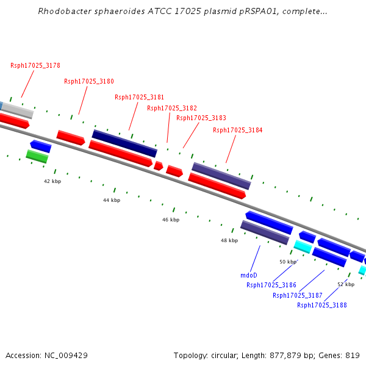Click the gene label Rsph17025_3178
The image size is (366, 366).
[35, 65]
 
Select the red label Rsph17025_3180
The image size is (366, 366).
[89, 81]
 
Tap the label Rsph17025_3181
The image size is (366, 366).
[139, 97]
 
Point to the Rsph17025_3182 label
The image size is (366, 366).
[172, 108]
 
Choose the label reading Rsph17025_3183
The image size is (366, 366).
[201, 118]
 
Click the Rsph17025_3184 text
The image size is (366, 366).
[238, 130]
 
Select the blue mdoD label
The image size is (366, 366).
[249, 275]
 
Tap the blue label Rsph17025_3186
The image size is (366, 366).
[271, 285]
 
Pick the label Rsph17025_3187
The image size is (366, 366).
[298, 295]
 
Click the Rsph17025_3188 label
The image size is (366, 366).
[322, 305]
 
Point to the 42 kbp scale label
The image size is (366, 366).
[52, 181]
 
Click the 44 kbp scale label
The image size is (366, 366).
[112, 200]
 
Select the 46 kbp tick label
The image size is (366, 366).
[171, 220]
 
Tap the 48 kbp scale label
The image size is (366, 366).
[229, 240]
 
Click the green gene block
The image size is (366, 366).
[37, 156]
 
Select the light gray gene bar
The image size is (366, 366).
[18, 110]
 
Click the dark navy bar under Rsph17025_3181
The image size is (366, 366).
[124, 143]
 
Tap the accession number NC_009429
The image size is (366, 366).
[66, 356]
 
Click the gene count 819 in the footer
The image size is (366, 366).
[353, 356]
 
